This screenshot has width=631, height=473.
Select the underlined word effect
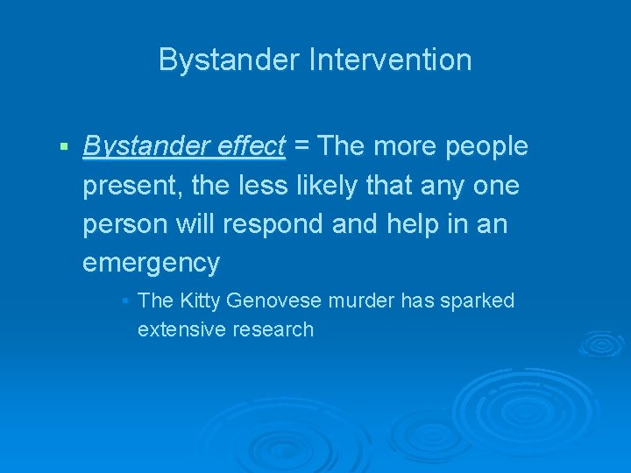pyautogui.click(x=249, y=146)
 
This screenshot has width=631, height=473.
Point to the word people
pyautogui.click(x=486, y=146)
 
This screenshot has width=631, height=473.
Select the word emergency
pyautogui.click(x=151, y=263)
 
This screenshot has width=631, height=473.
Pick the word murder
pyautogui.click(x=362, y=300)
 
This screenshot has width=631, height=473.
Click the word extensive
pyautogui.click(x=180, y=329)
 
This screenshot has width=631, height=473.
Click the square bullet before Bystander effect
pyautogui.click(x=64, y=146)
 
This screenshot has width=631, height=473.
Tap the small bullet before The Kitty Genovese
pyautogui.click(x=126, y=300)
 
